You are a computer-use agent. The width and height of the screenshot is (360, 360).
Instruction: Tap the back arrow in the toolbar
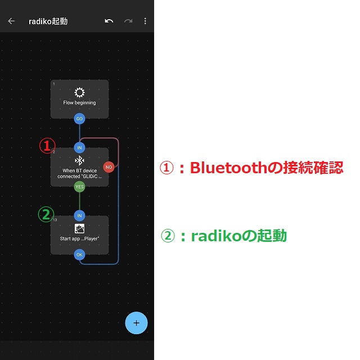tap(11, 21)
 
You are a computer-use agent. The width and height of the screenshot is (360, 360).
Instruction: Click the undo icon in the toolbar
tap(109, 21)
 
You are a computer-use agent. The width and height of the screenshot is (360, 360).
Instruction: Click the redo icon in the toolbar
tap(128, 21)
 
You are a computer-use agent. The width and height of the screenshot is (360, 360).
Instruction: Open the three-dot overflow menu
tap(145, 21)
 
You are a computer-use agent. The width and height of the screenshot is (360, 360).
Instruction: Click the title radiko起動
tap(48, 21)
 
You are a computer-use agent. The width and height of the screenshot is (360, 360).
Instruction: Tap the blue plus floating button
tap(136, 323)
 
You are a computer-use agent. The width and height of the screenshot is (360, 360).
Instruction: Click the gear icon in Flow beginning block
tap(79, 93)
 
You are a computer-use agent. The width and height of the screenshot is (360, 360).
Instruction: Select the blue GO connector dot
tap(79, 119)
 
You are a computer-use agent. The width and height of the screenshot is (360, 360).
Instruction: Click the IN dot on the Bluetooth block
tap(79, 147)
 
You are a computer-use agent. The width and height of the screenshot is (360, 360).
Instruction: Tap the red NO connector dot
tap(109, 166)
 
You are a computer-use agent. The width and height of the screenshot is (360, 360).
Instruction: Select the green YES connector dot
tap(79, 187)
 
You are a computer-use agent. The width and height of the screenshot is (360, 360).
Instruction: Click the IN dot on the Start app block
tap(79, 215)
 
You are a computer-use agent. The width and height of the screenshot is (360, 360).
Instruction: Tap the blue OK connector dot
tap(79, 254)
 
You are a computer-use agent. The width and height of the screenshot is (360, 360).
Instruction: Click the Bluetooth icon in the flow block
tap(79, 161)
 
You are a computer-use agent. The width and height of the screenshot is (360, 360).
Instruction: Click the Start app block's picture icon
tap(79, 228)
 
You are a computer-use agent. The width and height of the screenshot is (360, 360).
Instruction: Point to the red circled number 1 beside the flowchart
tap(46, 145)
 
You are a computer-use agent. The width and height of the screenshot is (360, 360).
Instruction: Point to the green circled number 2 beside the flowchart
tap(46, 214)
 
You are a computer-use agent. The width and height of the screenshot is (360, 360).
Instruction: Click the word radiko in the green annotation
tap(208, 236)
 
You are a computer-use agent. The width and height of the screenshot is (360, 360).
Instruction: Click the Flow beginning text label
tap(79, 103)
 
